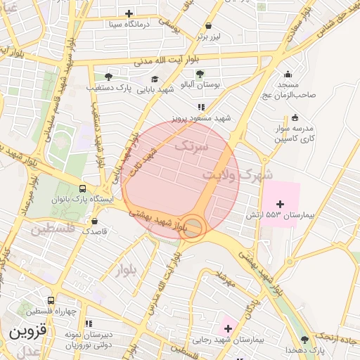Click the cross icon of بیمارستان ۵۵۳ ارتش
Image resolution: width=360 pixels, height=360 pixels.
280,203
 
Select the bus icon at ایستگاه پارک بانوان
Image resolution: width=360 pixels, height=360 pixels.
83,188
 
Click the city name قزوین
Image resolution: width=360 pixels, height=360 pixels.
27,331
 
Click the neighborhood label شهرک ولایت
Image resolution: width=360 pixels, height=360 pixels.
238,174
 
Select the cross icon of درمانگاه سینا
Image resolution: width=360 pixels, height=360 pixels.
129,13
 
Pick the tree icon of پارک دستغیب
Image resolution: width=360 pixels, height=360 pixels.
108,77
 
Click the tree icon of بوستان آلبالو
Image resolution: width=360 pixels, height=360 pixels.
200,73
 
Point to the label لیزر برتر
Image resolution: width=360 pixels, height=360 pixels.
209,34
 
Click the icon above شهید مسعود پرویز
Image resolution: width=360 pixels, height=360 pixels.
200,107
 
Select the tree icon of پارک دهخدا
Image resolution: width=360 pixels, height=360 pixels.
304,340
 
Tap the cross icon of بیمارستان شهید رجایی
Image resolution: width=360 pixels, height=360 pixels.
228,328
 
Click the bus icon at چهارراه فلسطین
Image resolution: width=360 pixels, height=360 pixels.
51,300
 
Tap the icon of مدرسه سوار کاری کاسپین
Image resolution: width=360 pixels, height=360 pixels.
294,117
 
